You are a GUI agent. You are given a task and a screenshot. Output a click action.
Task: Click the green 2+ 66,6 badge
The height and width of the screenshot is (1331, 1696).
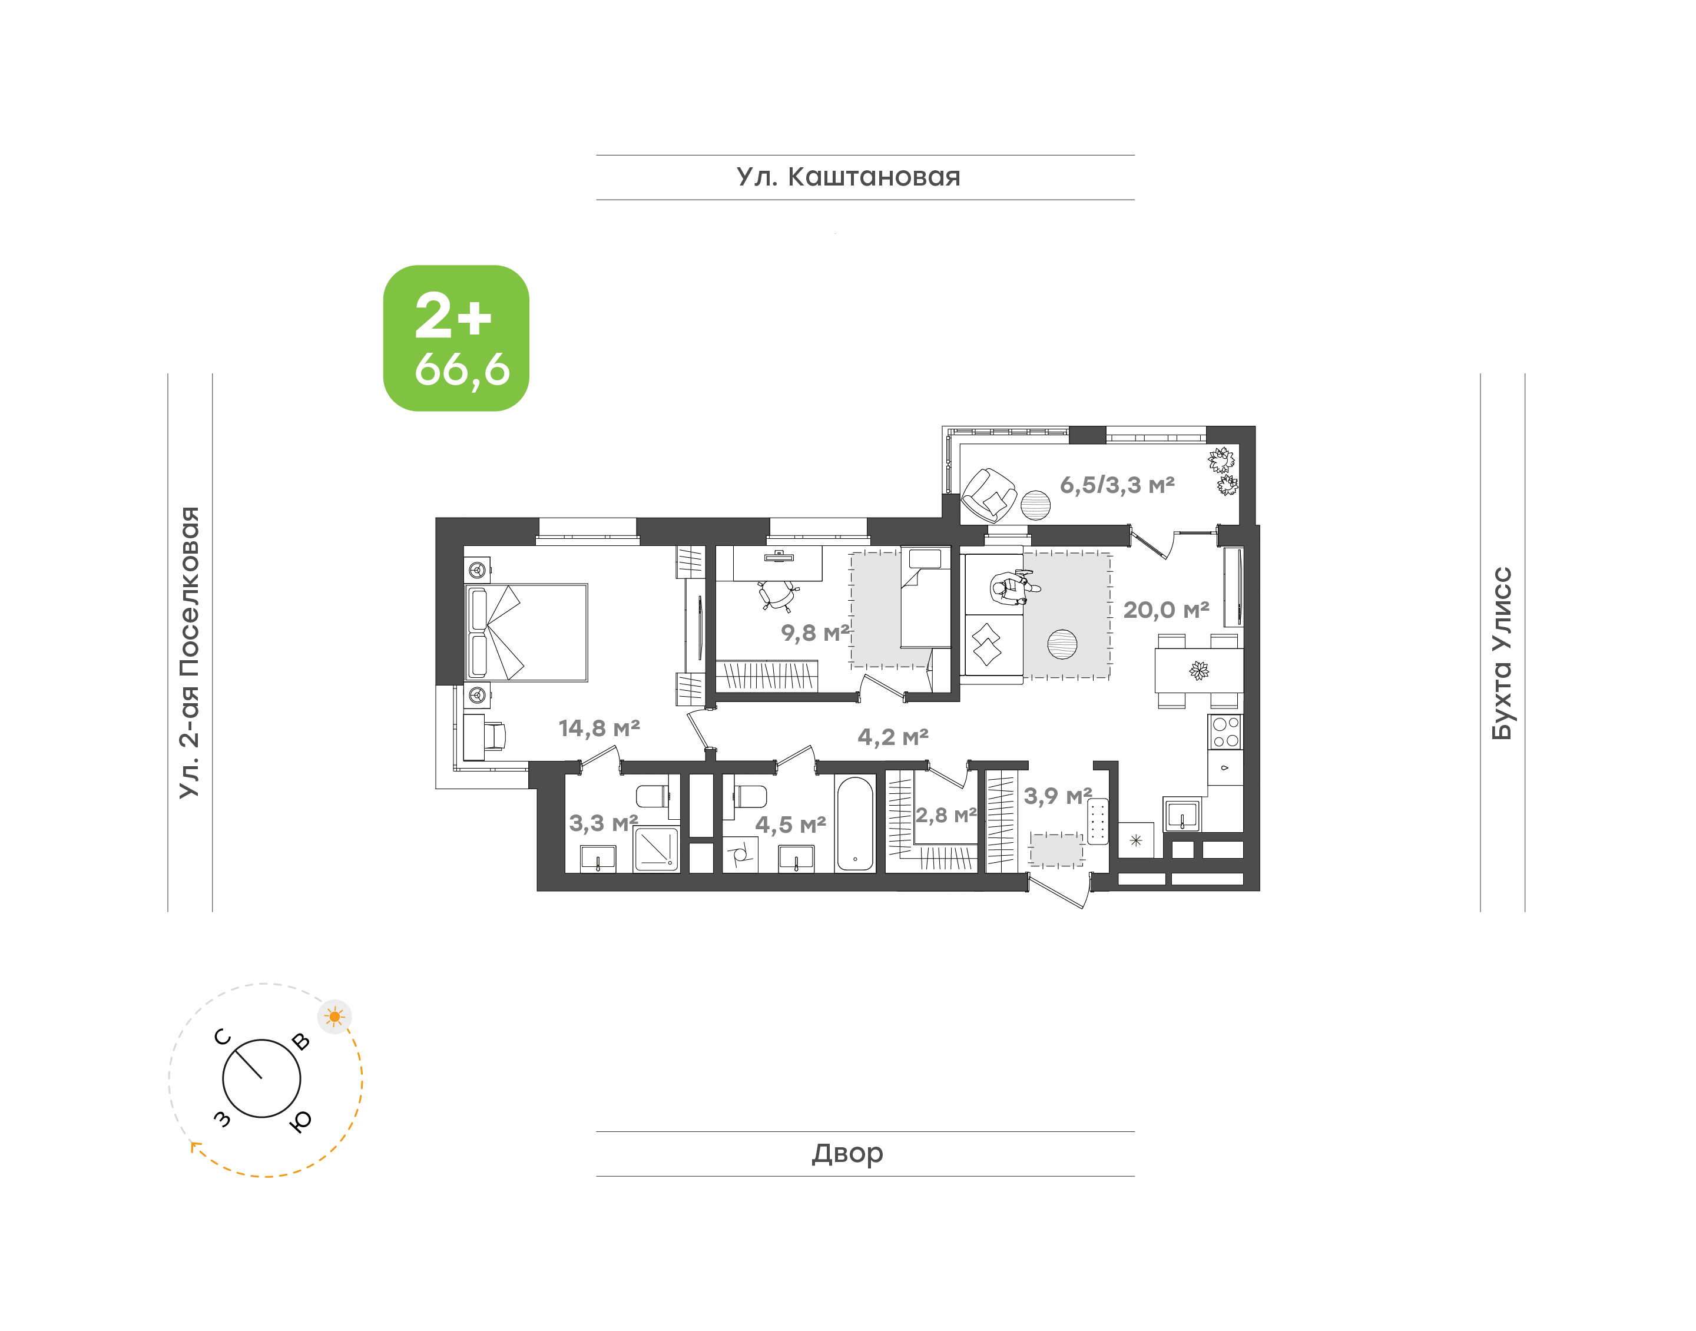pyautogui.click(x=456, y=338)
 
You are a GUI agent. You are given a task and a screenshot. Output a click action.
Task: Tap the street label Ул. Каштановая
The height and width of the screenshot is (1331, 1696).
pyautogui.click(x=849, y=177)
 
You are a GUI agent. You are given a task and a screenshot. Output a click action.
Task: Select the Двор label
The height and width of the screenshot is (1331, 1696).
pyautogui.click(x=847, y=1153)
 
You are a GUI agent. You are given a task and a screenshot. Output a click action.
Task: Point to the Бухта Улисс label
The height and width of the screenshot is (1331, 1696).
pyautogui.click(x=1501, y=653)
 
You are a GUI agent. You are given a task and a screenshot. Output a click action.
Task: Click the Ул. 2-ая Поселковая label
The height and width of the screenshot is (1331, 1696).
pyautogui.click(x=189, y=653)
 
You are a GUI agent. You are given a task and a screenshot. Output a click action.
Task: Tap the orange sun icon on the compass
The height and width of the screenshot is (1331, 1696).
pyautogui.click(x=335, y=1016)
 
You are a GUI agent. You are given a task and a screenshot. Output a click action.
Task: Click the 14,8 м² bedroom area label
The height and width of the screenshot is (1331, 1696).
pyautogui.click(x=599, y=728)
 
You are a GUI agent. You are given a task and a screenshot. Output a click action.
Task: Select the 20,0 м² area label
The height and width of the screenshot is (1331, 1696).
pyautogui.click(x=1166, y=610)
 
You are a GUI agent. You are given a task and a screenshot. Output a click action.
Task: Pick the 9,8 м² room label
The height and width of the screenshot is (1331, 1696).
pyautogui.click(x=815, y=632)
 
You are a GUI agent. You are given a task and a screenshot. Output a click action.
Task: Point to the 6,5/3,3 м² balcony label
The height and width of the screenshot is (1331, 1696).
pyautogui.click(x=1117, y=485)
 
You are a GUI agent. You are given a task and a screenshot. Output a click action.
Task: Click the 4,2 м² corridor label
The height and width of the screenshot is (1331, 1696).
pyautogui.click(x=893, y=736)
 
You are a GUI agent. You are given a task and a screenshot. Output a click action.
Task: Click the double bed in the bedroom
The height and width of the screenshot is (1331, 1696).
pyautogui.click(x=526, y=633)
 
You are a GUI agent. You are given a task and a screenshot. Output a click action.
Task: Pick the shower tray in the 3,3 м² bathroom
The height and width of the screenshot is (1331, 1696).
pyautogui.click(x=656, y=849)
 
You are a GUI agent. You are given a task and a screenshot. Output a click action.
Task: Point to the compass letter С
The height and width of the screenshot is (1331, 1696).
pyautogui.click(x=223, y=1037)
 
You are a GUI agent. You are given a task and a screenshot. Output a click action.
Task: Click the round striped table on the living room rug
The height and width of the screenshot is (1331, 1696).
pyautogui.click(x=1062, y=644)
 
